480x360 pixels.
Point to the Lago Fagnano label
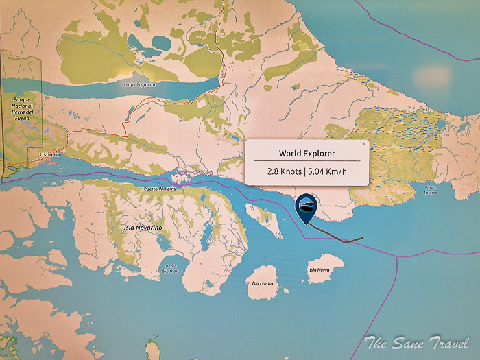point(141,84)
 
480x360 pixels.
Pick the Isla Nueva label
point(320,270)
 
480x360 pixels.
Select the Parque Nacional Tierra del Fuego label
point(25,108)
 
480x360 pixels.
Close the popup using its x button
point(363,145)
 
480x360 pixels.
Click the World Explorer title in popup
point(307,153)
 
